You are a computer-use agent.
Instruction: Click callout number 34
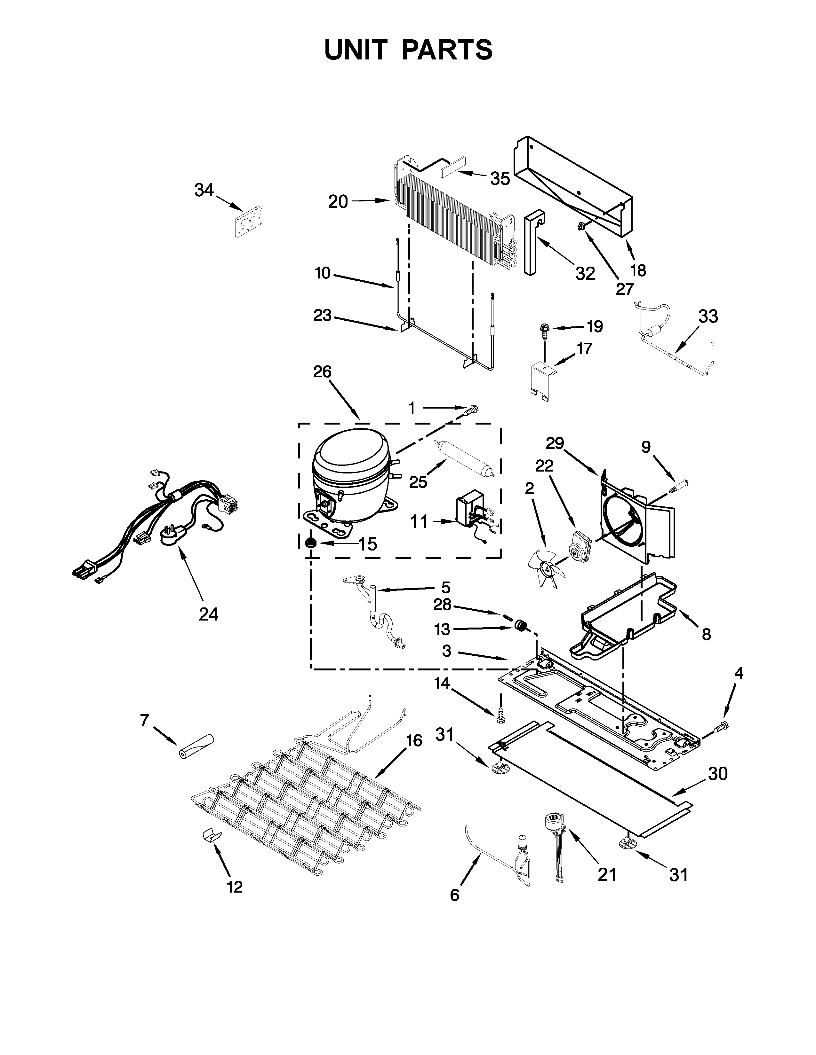click(x=204, y=190)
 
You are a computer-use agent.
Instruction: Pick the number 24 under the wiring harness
click(x=208, y=614)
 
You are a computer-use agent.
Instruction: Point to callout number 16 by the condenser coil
click(x=414, y=740)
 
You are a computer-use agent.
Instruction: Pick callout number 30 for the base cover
click(x=718, y=773)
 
